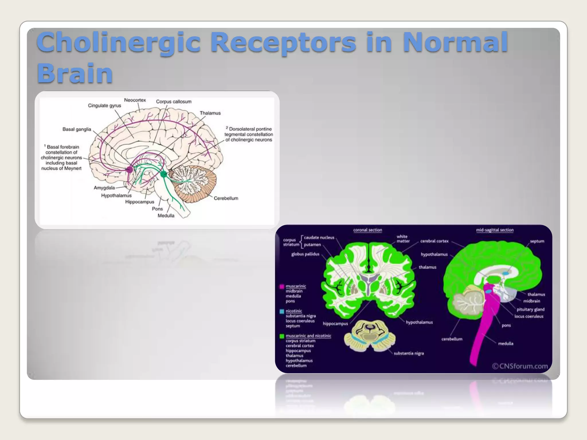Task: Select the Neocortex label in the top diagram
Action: [x=135, y=100]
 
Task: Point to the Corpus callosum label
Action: [x=174, y=102]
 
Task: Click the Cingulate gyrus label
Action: [x=104, y=106]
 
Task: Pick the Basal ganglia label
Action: [x=77, y=129]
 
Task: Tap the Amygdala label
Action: [x=104, y=188]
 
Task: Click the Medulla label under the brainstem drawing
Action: [x=166, y=216]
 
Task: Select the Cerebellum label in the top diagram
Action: [x=226, y=198]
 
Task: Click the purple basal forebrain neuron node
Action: [x=130, y=170]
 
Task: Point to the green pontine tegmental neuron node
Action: [x=164, y=174]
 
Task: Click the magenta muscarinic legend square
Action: [x=282, y=286]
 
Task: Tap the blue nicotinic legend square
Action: [x=282, y=311]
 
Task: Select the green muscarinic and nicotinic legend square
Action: [x=282, y=336]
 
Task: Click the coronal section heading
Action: [x=367, y=230]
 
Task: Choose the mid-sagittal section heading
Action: [x=495, y=230]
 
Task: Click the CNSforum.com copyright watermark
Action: [x=520, y=366]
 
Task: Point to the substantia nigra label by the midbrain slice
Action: [x=408, y=353]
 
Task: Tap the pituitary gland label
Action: [x=530, y=309]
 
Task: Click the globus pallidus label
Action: [x=305, y=254]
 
